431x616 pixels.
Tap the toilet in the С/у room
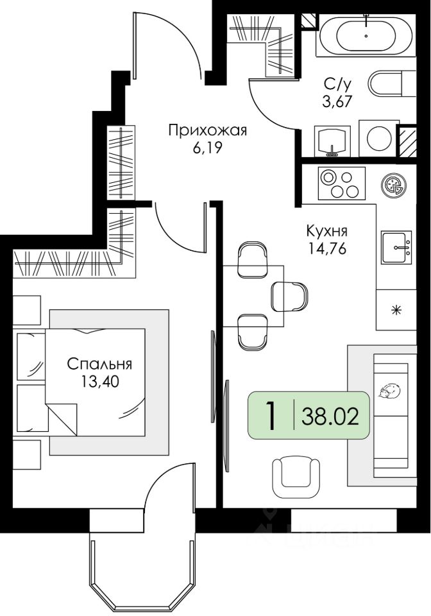click(x=393, y=83)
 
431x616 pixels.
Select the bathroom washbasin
click(x=332, y=141)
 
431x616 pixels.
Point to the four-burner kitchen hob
click(x=341, y=183)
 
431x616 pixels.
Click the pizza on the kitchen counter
click(x=393, y=185)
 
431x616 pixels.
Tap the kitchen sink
click(x=396, y=247)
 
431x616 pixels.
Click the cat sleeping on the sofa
click(x=389, y=391)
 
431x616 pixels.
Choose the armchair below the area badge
click(x=296, y=477)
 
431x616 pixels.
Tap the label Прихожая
click(x=208, y=130)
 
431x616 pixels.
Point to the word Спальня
click(x=99, y=364)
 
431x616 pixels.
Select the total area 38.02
click(x=330, y=416)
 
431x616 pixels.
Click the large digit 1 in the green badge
click(x=271, y=416)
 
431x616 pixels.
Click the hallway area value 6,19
click(x=207, y=148)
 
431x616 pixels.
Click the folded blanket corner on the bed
click(x=61, y=419)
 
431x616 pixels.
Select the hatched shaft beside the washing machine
click(x=407, y=141)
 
